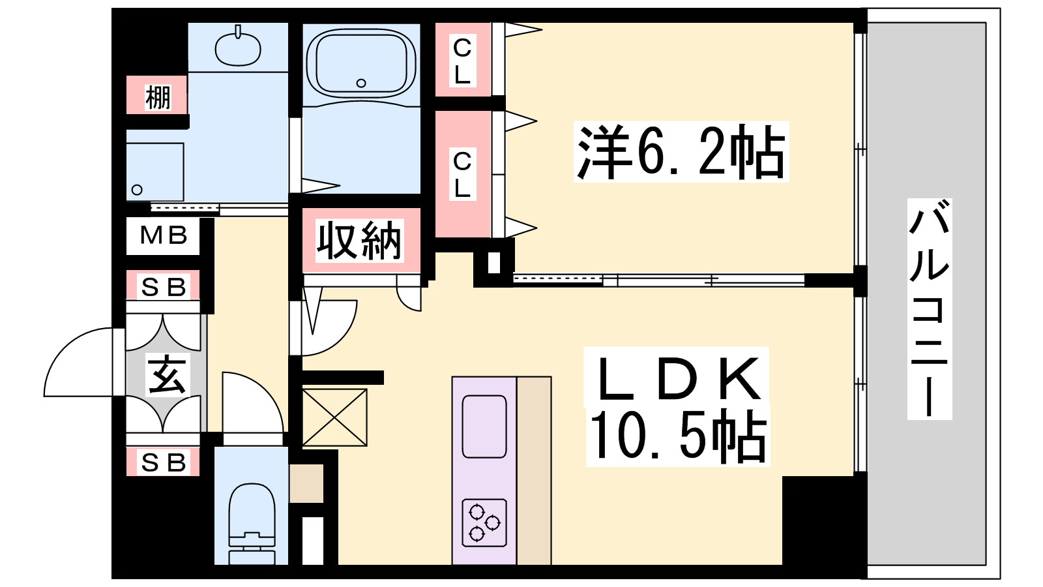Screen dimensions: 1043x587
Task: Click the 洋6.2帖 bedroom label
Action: point(681,152)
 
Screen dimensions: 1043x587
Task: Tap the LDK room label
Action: point(678,378)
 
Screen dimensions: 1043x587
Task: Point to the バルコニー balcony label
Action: point(929,309)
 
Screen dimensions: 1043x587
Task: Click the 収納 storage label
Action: point(359,241)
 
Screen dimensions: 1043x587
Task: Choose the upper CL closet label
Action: point(462,61)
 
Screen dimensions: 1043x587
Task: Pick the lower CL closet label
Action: point(462,174)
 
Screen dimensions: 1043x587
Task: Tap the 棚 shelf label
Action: point(158,97)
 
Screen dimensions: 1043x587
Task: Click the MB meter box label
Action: point(164,235)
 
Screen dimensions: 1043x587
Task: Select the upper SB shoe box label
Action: point(164,287)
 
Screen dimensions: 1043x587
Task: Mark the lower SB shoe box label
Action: point(164,462)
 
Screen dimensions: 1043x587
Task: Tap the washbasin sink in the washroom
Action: point(238,48)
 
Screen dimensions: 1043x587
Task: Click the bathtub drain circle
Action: point(361,83)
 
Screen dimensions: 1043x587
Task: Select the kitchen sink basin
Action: point(484,426)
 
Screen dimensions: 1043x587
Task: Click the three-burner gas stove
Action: point(484,522)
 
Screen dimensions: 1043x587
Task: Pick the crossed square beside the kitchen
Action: point(335,417)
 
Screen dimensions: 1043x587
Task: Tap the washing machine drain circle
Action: point(137,190)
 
